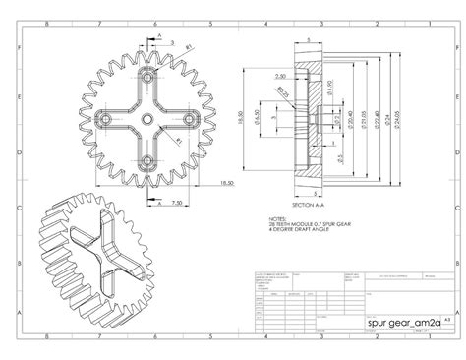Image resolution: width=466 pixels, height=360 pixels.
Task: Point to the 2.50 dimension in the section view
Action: point(281,75)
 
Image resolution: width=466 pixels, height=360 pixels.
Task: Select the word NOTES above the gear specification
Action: point(277,218)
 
